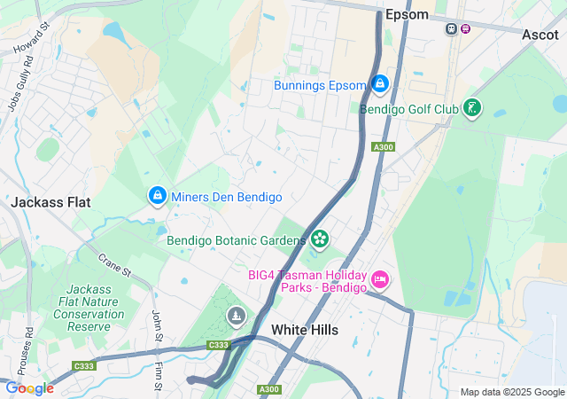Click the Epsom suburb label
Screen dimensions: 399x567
click(407, 14)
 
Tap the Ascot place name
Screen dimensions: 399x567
click(540, 35)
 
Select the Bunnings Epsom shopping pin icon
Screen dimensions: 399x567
click(380, 84)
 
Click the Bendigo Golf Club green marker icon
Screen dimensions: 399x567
click(473, 108)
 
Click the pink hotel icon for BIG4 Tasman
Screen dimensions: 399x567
click(381, 280)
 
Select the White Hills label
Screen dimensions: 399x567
click(304, 330)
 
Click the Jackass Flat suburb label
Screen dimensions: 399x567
click(50, 202)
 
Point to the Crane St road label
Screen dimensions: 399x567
click(115, 262)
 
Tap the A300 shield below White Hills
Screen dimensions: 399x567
click(269, 389)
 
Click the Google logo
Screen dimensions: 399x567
click(29, 388)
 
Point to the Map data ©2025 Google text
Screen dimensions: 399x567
click(511, 392)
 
